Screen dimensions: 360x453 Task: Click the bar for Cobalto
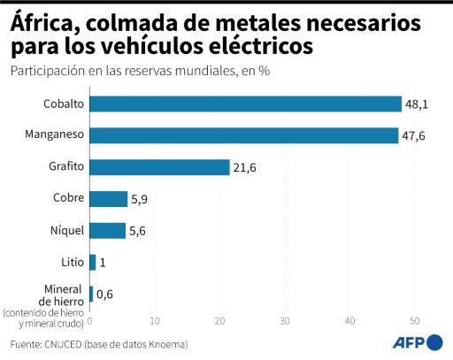(245, 104)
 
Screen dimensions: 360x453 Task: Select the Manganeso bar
(243, 135)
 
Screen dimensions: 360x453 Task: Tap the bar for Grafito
(159, 167)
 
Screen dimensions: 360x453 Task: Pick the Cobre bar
(108, 199)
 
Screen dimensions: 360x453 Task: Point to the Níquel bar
(107, 231)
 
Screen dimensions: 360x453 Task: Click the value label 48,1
(417, 104)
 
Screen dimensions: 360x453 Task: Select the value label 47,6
(414, 135)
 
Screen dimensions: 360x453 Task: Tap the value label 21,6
(245, 167)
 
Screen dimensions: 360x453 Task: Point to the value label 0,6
(105, 294)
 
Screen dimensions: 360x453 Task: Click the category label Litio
(72, 262)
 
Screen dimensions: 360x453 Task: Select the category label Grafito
(66, 167)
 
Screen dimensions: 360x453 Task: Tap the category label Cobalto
(64, 104)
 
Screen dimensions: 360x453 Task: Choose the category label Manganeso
(56, 135)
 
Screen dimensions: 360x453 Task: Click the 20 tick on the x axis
(219, 320)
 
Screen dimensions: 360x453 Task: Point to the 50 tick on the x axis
(414, 320)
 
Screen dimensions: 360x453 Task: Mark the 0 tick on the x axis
(89, 320)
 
